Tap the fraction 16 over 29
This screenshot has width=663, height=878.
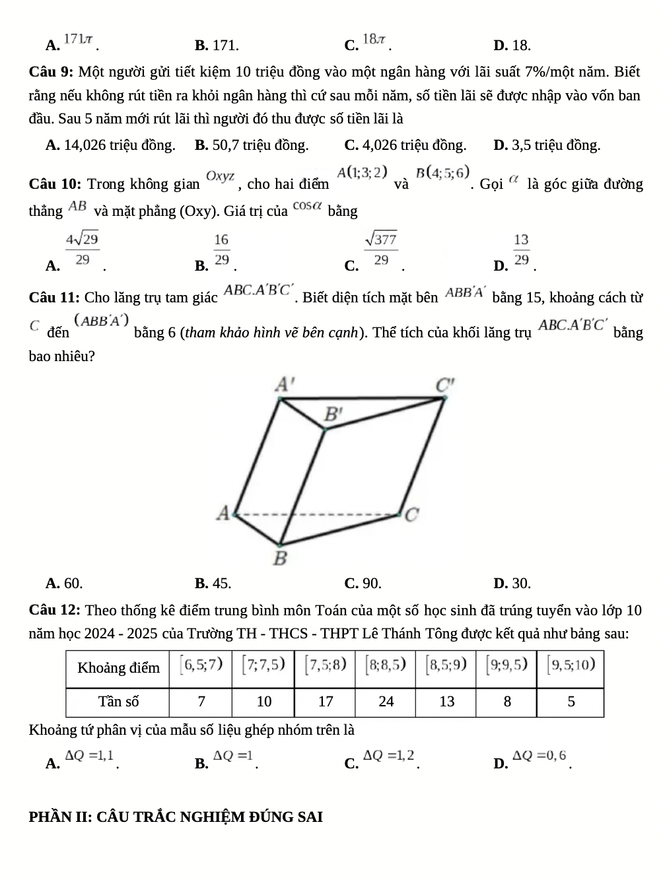(x=222, y=250)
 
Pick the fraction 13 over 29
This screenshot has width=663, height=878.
(x=522, y=250)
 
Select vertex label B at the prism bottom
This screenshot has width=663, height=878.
(x=280, y=558)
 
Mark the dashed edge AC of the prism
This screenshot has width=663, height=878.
(x=317, y=512)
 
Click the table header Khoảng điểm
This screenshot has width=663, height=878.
(x=118, y=667)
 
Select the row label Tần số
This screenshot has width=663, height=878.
(x=118, y=702)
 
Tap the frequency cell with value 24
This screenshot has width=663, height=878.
(x=386, y=702)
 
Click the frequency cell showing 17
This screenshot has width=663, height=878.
(x=326, y=702)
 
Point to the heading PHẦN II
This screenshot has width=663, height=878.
(x=176, y=817)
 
